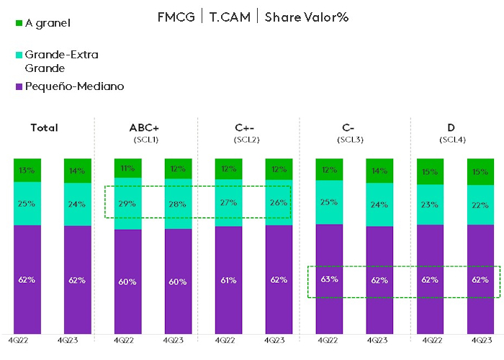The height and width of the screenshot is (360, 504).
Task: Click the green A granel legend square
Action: click(19, 23)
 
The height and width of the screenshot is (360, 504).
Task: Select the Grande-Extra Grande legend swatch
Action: click(19, 54)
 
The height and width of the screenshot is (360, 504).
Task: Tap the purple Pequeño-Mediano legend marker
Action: click(19, 86)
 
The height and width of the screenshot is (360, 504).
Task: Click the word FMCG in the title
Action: click(176, 17)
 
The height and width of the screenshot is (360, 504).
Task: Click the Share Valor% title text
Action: click(306, 17)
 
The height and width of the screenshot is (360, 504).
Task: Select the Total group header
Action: click(44, 127)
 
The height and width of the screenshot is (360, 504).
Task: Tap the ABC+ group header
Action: click(145, 127)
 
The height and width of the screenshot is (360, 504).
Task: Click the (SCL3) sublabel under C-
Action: click(350, 138)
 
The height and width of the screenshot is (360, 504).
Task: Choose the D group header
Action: click(451, 127)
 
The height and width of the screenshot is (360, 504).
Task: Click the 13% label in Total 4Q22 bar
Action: click(27, 171)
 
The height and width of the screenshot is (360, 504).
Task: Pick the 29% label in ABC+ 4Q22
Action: click(127, 204)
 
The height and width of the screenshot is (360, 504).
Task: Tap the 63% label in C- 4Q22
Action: click(330, 279)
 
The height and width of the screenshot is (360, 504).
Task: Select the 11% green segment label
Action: click(127, 168)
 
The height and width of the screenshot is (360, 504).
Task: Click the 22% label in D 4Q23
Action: click(480, 205)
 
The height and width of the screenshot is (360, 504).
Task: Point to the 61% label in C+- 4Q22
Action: click(229, 280)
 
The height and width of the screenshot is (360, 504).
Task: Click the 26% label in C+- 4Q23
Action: click(279, 203)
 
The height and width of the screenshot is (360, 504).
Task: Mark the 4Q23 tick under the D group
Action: click(481, 340)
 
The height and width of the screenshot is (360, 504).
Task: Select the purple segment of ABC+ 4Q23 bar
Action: click(178, 281)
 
